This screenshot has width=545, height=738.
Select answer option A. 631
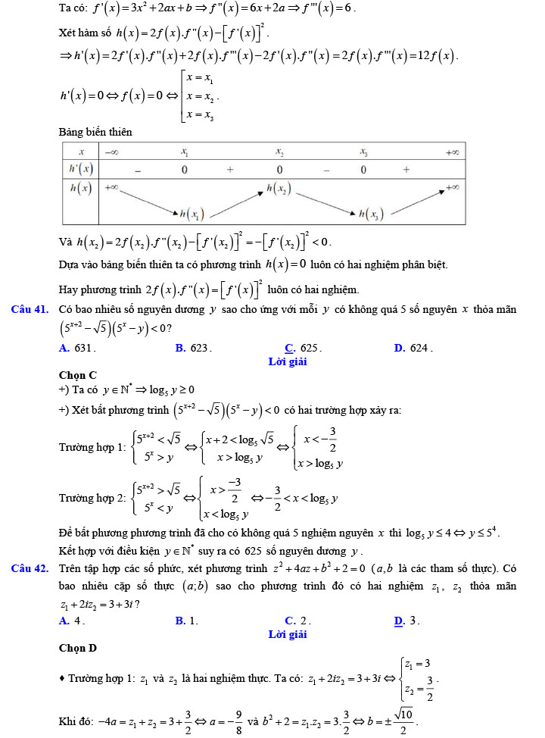point(76,349)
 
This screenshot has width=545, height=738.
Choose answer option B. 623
point(193,349)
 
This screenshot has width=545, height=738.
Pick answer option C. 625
point(303,349)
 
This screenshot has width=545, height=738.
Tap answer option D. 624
point(413,349)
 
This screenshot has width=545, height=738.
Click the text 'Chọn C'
point(77,374)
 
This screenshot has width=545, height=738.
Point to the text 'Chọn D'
point(77,648)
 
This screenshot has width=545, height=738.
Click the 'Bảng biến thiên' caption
point(95,132)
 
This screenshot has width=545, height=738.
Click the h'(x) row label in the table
point(80,169)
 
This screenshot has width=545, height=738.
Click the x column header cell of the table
point(80,152)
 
